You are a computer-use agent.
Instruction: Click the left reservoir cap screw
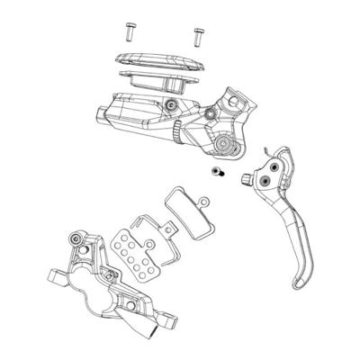(129, 29)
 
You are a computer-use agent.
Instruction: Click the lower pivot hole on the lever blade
(266, 182)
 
